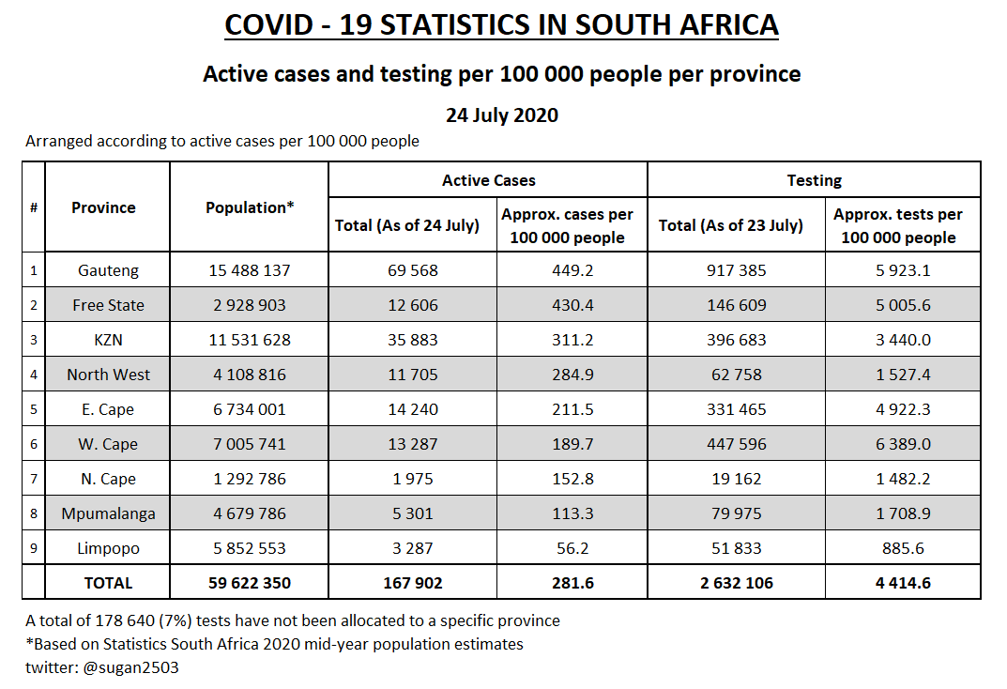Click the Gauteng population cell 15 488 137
point(250,270)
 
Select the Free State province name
point(108,305)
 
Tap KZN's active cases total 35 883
point(412,340)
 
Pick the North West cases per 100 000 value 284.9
point(572,375)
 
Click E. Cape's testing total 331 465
point(736,409)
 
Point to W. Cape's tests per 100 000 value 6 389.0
point(902,444)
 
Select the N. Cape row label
point(108,479)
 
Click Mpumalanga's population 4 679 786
point(250,513)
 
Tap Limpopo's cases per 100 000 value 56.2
point(572,548)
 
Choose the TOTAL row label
point(108,583)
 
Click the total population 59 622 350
point(250,583)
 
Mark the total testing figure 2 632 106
point(736,583)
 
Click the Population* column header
point(250,207)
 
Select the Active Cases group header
point(488,180)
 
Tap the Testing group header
point(814,180)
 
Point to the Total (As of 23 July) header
point(730,225)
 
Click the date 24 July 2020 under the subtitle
point(501,115)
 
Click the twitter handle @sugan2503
point(130,667)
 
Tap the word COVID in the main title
point(268,25)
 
